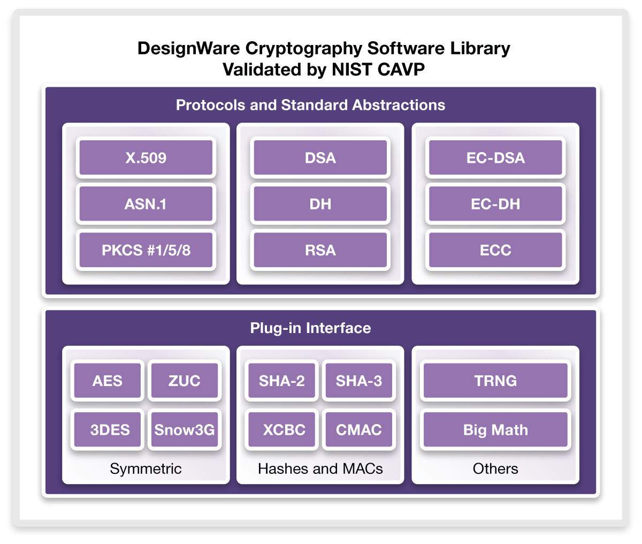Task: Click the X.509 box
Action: pyautogui.click(x=146, y=158)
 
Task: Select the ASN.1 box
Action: pyautogui.click(x=146, y=204)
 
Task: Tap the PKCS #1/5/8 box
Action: pyautogui.click(x=146, y=250)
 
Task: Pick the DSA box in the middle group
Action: pyautogui.click(x=320, y=158)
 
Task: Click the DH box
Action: pyautogui.click(x=320, y=204)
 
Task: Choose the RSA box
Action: pyautogui.click(x=320, y=250)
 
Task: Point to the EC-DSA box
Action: pyautogui.click(x=495, y=158)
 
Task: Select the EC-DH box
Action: pyautogui.click(x=495, y=204)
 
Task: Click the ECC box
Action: pyautogui.click(x=495, y=250)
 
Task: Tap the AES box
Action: pyautogui.click(x=108, y=381)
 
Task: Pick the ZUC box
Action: pyautogui.click(x=184, y=381)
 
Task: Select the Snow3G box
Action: pyautogui.click(x=184, y=430)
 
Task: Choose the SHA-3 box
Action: pyautogui.click(x=358, y=381)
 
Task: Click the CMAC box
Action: pyautogui.click(x=358, y=430)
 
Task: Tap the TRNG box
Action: pyautogui.click(x=495, y=381)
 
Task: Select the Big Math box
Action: pyautogui.click(x=495, y=430)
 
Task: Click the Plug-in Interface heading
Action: pyautogui.click(x=310, y=328)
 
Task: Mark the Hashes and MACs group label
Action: pyautogui.click(x=320, y=469)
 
